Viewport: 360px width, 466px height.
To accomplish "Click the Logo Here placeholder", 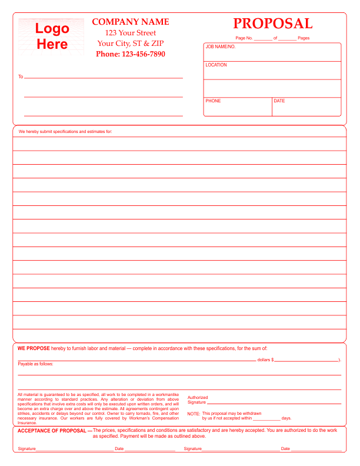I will [52, 36].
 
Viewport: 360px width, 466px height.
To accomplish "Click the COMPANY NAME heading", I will [131, 22].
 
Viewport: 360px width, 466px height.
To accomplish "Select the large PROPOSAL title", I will [272, 24].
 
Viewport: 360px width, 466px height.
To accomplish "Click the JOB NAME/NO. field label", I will [221, 46].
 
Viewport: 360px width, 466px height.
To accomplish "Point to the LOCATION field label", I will [216, 65].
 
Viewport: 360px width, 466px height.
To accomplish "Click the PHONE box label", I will [213, 101].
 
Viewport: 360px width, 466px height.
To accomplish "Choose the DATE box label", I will [279, 101].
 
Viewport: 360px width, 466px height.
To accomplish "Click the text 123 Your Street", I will [131, 33].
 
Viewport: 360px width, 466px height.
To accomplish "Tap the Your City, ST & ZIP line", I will [131, 44].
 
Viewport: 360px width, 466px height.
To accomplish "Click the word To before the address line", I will [21, 77].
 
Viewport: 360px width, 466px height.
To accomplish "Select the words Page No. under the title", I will [244, 38].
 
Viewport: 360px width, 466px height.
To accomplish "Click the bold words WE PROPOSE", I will [34, 348].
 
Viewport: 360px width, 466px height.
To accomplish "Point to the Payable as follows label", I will [35, 364].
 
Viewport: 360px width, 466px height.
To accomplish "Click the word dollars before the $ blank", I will [264, 360].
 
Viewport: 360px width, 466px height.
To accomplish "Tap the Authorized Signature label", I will [197, 400].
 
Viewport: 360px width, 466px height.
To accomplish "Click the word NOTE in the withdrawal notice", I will [194, 414].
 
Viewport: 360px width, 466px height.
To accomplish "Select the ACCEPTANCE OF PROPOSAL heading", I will [52, 431].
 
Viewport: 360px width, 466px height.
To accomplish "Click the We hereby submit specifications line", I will [65, 131].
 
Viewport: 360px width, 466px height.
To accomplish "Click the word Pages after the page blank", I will [304, 38].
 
